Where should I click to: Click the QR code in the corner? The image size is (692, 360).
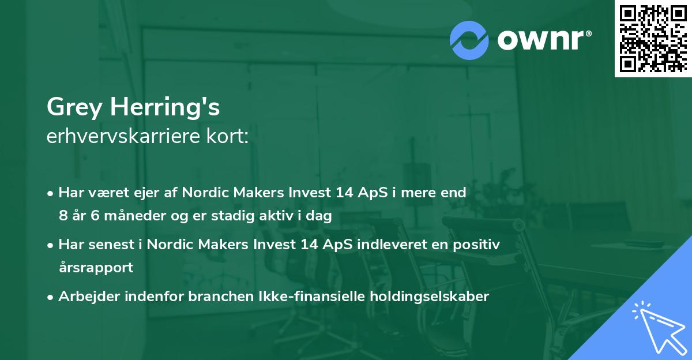(653, 38)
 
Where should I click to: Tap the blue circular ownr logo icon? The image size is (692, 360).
(469, 40)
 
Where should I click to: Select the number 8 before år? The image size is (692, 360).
(63, 216)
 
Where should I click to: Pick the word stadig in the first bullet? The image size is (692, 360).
(250, 216)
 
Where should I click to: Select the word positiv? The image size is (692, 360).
(477, 245)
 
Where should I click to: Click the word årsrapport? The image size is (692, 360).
(96, 268)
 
